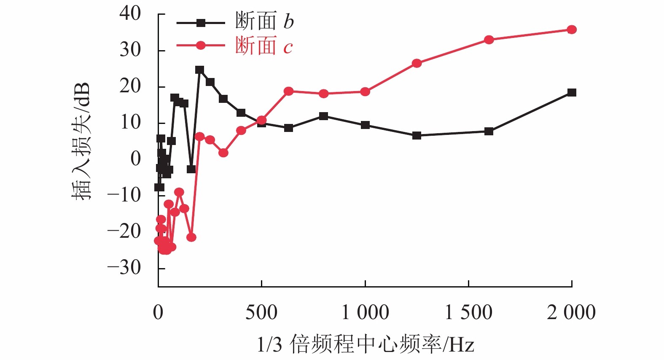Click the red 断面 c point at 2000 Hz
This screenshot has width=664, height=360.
[572, 30]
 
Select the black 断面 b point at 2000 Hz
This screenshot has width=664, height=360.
[572, 93]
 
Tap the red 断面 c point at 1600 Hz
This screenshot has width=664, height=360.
[489, 40]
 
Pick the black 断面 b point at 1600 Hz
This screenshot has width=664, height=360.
[489, 132]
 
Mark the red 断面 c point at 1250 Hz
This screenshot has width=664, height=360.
[417, 63]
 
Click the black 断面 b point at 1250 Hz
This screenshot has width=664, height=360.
[417, 136]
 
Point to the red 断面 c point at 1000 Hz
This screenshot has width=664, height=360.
[365, 92]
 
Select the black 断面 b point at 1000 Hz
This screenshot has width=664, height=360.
[365, 125]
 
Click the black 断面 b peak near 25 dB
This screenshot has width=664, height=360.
[200, 70]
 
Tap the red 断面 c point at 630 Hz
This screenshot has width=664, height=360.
[289, 91]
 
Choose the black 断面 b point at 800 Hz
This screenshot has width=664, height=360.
[324, 116]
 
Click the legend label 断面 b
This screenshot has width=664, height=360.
[264, 21]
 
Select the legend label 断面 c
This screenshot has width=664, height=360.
[263, 46]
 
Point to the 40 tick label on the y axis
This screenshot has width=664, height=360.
[130, 13]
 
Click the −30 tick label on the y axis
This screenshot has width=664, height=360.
[124, 267]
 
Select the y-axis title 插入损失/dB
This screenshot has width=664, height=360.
[81, 141]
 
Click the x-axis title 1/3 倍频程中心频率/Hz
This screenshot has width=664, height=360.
[366, 345]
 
